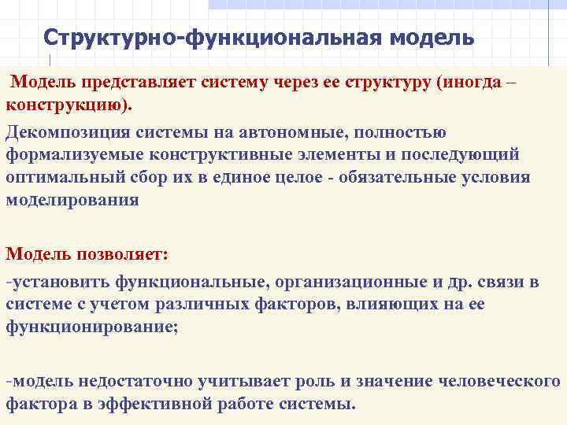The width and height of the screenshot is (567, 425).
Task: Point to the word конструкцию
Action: pos(70,105)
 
